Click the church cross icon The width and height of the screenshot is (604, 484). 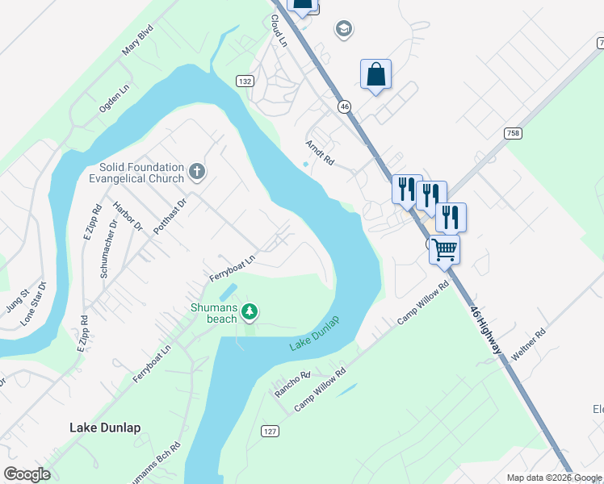(x=197, y=171)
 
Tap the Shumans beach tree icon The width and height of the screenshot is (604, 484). (x=250, y=311)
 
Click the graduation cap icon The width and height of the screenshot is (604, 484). (x=344, y=30)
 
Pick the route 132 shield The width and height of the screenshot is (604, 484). (x=245, y=81)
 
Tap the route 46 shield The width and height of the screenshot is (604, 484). (x=345, y=106)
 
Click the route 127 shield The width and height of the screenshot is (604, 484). (x=270, y=432)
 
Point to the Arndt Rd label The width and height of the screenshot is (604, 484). (x=320, y=152)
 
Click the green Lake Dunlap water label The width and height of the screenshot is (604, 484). (x=315, y=333)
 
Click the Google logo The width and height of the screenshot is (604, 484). (x=27, y=474)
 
